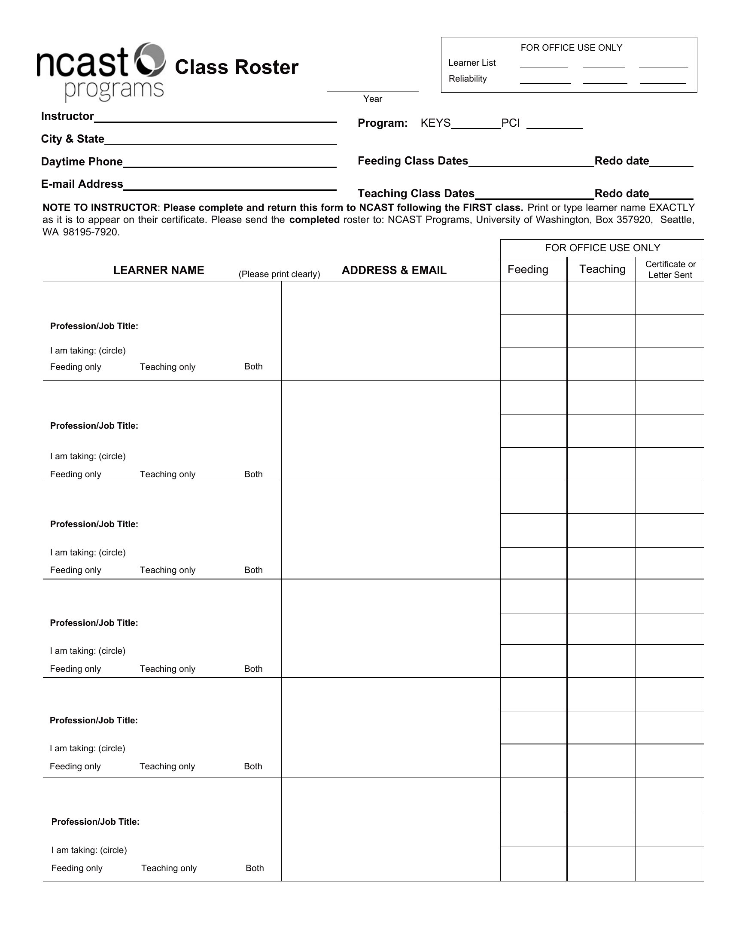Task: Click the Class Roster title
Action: point(237,67)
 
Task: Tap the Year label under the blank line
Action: point(372,99)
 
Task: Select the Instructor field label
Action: point(67,116)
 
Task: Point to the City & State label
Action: point(73,139)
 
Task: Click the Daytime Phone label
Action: point(82,162)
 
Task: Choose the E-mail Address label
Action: point(82,184)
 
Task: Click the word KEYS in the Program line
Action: point(435,123)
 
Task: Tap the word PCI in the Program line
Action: point(510,123)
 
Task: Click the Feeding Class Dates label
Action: point(413,161)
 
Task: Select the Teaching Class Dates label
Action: point(416,193)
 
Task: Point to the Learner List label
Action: point(472,63)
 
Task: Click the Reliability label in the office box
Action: point(468,79)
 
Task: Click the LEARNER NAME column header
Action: point(159,271)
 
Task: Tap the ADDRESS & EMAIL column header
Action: point(394,271)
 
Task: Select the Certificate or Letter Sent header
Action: point(670,270)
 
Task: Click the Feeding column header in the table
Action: point(528,270)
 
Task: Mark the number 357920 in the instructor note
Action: point(633,220)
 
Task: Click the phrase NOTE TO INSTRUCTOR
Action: point(100,208)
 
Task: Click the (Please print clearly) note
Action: point(280,274)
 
